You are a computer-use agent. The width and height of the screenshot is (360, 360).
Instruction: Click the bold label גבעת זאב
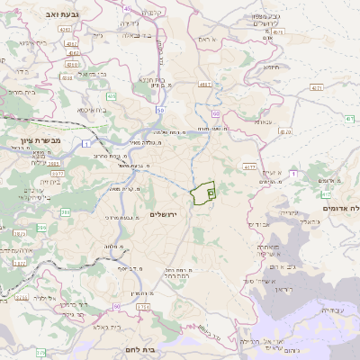click(50, 14)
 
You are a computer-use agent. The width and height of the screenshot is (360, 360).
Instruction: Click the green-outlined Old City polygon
click(205, 192)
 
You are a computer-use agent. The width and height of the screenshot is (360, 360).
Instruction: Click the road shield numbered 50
click(159, 109)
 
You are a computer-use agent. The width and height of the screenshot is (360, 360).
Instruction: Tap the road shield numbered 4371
click(316, 88)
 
